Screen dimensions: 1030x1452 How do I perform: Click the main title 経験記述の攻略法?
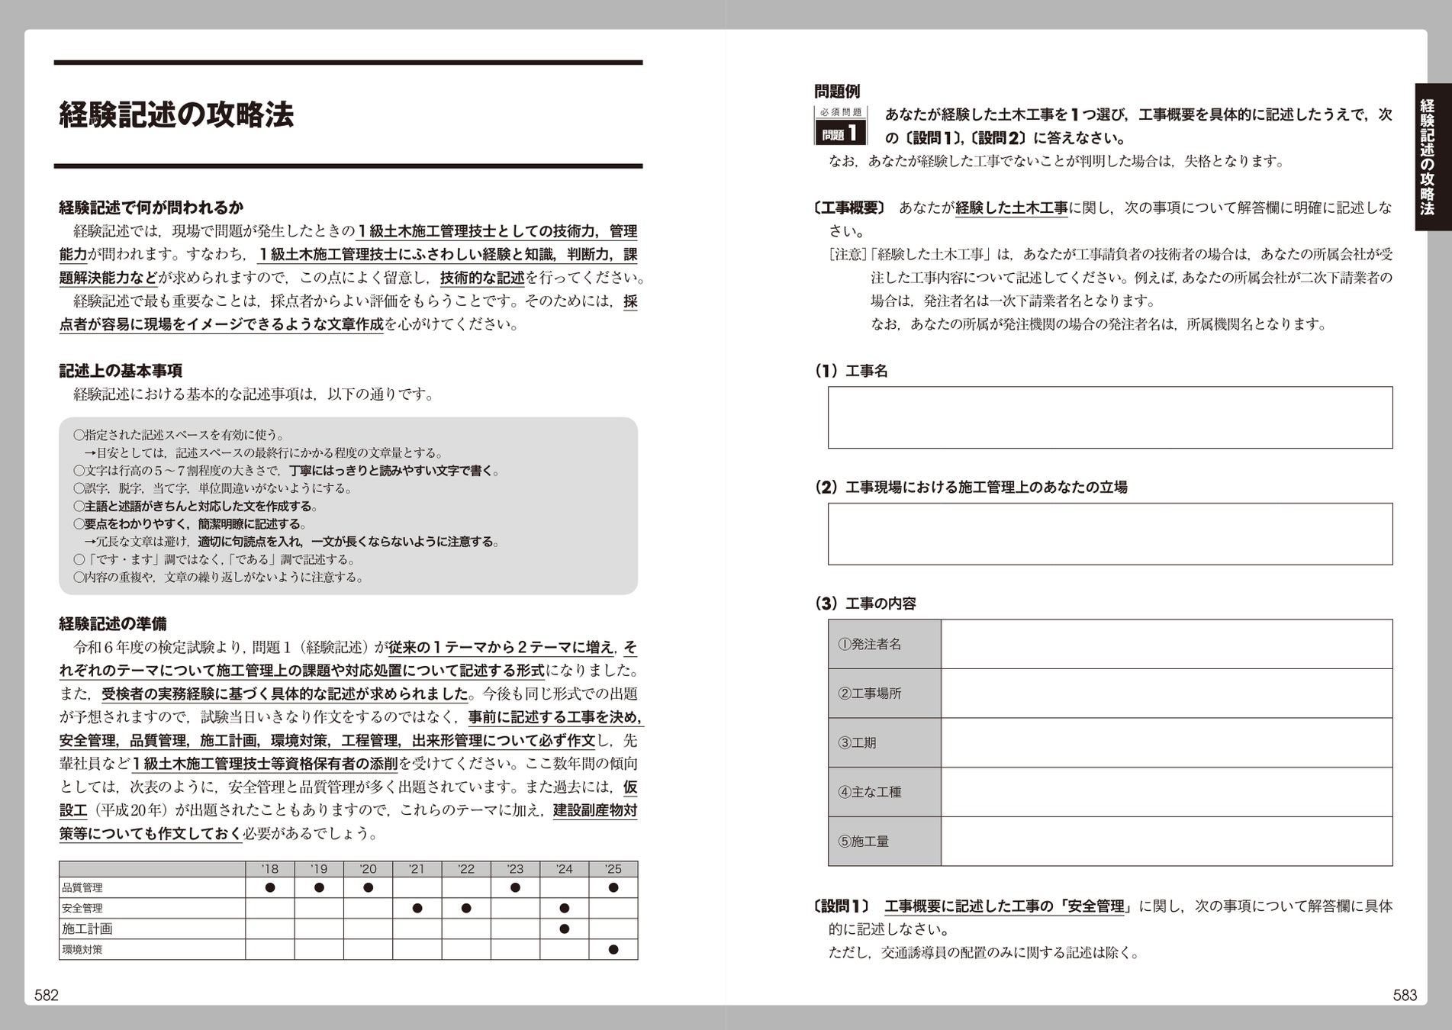[176, 115]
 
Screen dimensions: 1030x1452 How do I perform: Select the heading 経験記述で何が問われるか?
[151, 208]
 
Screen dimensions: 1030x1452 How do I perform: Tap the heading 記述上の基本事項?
[121, 371]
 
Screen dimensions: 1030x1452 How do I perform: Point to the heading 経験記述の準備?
[113, 623]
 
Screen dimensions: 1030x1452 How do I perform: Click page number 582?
[47, 995]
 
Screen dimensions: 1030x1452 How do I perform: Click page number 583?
[1405, 995]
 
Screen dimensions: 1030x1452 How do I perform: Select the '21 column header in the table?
[417, 869]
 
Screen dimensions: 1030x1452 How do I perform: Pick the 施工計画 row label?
[87, 929]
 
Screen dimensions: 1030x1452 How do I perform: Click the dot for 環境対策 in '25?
[613, 949]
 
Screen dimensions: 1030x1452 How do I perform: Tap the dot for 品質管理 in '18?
[269, 887]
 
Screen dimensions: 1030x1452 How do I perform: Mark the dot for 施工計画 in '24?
[564, 929]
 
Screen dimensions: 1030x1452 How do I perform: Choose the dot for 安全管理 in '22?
[466, 908]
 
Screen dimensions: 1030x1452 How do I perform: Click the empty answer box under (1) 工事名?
[1109, 417]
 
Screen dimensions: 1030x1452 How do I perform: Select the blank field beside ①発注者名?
[1166, 644]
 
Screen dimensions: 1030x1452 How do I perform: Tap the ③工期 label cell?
[884, 742]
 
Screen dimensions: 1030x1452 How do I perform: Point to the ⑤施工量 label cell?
[884, 841]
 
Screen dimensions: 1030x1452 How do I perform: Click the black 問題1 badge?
[840, 134]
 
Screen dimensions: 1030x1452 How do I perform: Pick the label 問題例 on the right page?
[837, 92]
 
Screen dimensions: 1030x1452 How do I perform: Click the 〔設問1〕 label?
[842, 906]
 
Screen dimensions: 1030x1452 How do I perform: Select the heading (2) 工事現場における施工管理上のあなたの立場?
[971, 487]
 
